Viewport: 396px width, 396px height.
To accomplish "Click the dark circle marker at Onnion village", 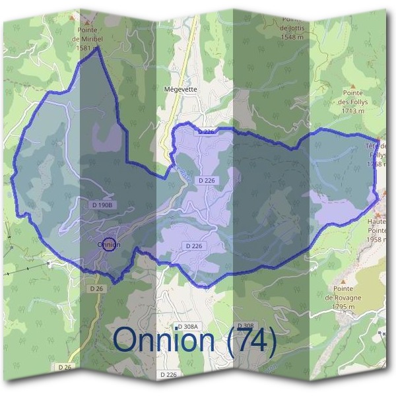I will [110, 244].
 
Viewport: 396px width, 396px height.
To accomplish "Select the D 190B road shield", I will [103, 206].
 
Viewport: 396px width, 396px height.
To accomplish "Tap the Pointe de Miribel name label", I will [87, 34].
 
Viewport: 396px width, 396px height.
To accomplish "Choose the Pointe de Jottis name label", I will [292, 24].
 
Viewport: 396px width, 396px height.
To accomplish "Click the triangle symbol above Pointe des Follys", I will [354, 86].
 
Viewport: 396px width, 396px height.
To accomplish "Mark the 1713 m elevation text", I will [353, 111].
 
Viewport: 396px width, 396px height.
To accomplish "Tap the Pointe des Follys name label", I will [353, 98].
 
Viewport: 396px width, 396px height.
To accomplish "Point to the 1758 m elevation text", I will [379, 164].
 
